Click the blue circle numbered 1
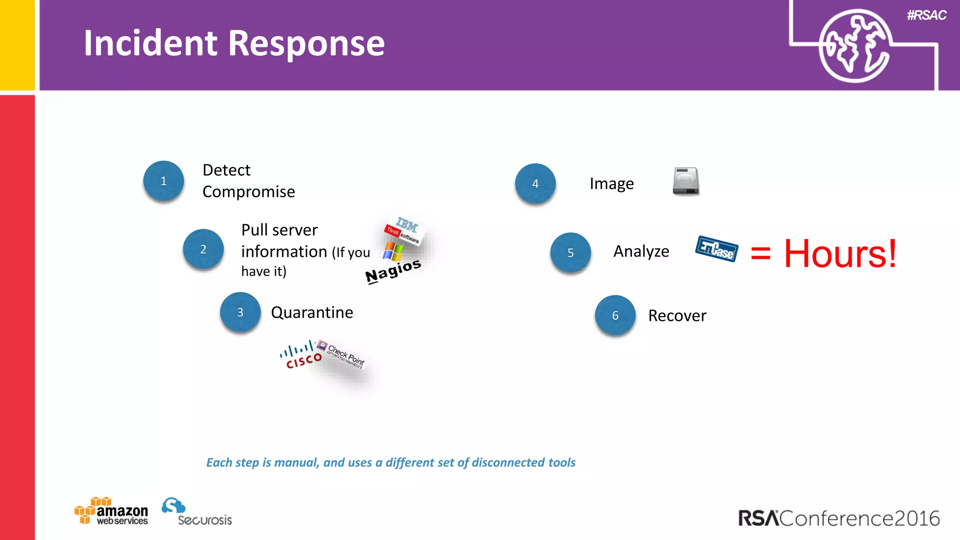[x=163, y=181]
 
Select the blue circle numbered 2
[x=203, y=249]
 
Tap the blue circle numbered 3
[x=240, y=312]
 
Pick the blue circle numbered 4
[x=535, y=183]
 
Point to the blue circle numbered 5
[x=570, y=253]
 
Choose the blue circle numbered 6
[x=615, y=315]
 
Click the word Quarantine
[x=312, y=313]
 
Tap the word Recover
[x=677, y=316]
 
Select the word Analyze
[x=641, y=252]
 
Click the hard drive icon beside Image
[x=686, y=181]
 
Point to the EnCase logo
[x=716, y=248]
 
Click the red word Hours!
[x=840, y=254]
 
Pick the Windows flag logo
[x=393, y=251]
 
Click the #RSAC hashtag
[x=926, y=15]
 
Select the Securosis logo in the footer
[x=197, y=512]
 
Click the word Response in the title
[x=307, y=43]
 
